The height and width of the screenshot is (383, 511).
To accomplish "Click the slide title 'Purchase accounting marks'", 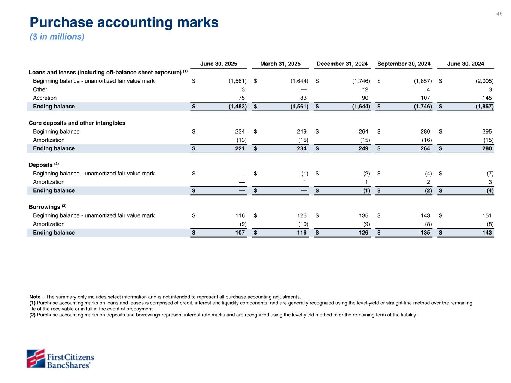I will [x=124, y=22].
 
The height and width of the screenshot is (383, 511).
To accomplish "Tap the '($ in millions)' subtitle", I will [x=57, y=37].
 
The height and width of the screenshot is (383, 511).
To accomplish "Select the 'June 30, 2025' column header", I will [x=219, y=64].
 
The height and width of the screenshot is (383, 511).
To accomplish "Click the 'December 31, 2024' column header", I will [x=342, y=64].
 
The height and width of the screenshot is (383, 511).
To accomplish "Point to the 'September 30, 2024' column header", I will [x=404, y=64].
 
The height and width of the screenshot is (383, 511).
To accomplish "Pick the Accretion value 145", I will [x=487, y=98].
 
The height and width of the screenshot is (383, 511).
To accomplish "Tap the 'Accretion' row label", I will [x=45, y=98].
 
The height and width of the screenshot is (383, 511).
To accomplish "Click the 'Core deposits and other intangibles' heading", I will [x=77, y=123].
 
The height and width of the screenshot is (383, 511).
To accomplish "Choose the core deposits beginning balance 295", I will [x=487, y=132].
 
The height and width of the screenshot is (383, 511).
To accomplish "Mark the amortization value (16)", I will [x=426, y=140].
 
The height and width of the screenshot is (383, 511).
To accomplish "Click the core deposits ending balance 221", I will [x=240, y=148].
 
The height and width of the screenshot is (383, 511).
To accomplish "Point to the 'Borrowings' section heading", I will [x=45, y=207].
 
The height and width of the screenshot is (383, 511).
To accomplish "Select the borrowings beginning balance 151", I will [x=487, y=216].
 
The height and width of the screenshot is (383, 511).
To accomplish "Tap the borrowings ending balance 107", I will [x=240, y=233].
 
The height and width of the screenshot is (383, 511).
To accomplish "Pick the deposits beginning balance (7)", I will [x=490, y=174].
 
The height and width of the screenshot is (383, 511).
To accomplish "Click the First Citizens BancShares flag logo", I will [x=36, y=358].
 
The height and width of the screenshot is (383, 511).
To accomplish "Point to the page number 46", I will [x=499, y=14].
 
